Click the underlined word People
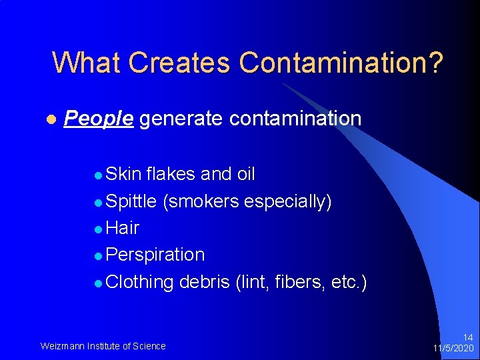coord(99,119)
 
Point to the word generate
coord(181,119)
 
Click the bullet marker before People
coord(50,119)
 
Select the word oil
coord(246,174)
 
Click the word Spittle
coord(131,201)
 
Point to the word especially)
coord(288,201)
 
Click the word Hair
coord(123,228)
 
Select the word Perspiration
coord(155,255)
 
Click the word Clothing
coord(139,281)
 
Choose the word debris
coord(205,281)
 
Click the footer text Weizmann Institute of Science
coord(103,345)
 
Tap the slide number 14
coord(468,338)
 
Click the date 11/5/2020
coord(453,348)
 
